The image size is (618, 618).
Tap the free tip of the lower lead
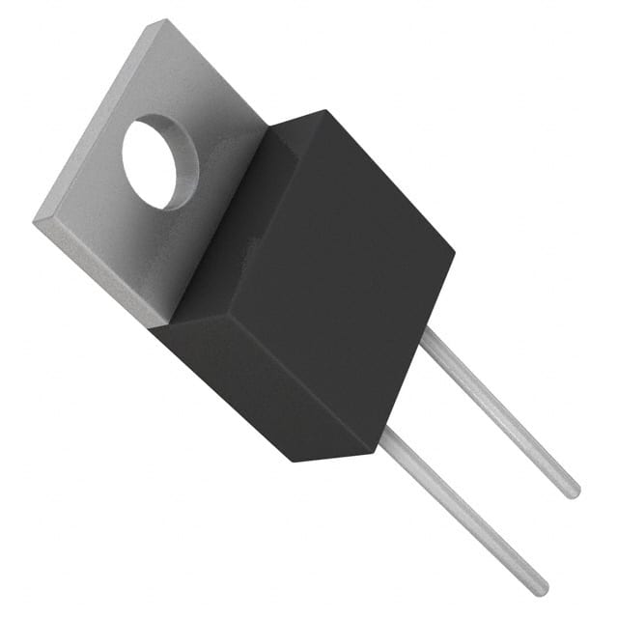(542, 588)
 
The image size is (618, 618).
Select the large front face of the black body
(348, 280)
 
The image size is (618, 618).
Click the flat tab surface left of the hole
(92, 174)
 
